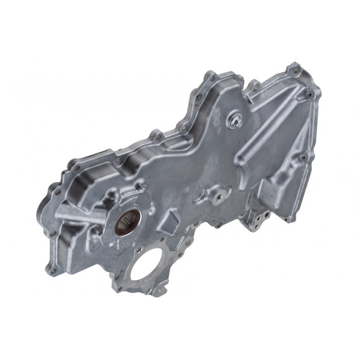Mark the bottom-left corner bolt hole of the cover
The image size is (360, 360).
tap(50, 267)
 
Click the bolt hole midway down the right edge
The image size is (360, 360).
tap(303, 157)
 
